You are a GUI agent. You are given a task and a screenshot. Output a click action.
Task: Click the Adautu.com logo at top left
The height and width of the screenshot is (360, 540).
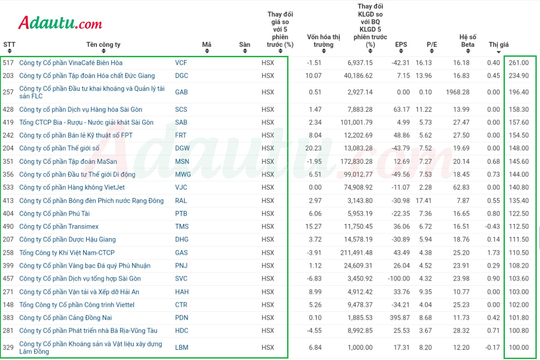click(x=60, y=23)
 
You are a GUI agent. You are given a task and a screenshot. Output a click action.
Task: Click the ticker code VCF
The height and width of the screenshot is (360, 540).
click(x=181, y=63)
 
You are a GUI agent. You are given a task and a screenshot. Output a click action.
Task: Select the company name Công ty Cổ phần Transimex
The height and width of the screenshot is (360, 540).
click(x=59, y=226)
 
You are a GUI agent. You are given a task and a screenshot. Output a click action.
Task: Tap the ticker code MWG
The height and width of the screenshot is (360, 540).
click(x=183, y=174)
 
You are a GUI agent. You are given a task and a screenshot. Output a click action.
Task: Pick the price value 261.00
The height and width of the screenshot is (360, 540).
click(x=519, y=63)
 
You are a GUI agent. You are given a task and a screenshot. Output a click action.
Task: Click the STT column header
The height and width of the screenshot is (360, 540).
click(x=9, y=44)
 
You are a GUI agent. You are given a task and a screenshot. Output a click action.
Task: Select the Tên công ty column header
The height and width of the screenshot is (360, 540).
click(x=103, y=44)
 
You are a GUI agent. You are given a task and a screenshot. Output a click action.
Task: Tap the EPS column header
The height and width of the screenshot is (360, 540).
click(x=401, y=44)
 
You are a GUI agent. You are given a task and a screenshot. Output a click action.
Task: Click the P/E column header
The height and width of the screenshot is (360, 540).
click(x=432, y=44)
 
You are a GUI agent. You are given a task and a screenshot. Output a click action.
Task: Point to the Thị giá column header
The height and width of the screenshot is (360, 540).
click(x=498, y=44)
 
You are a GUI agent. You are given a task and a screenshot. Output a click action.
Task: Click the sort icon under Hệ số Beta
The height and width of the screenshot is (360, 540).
click(x=468, y=51)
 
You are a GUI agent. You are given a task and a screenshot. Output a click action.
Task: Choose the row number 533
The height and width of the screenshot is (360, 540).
click(x=8, y=187)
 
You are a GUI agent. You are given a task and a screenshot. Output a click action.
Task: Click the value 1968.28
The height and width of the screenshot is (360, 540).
click(x=457, y=92)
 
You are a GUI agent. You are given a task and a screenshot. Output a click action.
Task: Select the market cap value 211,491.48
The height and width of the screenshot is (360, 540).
click(x=356, y=252)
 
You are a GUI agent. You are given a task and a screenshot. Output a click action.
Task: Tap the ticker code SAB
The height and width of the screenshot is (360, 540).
click(x=181, y=122)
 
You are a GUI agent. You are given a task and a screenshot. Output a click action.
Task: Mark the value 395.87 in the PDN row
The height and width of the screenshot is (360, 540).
click(x=400, y=318)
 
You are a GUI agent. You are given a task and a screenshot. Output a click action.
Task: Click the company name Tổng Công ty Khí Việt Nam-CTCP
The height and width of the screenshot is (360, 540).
click(x=67, y=252)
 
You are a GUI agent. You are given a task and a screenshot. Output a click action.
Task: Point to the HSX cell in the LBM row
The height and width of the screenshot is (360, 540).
click(x=268, y=348)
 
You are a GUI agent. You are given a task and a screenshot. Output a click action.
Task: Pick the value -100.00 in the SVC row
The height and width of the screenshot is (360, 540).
click(x=399, y=278)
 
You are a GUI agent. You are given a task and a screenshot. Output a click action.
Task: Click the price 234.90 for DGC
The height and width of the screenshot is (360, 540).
click(x=519, y=75)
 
